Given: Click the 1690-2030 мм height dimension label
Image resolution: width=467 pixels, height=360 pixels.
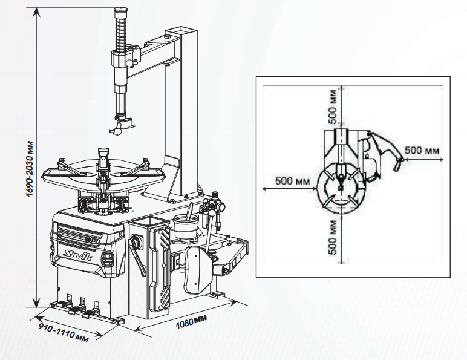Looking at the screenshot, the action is [30, 168].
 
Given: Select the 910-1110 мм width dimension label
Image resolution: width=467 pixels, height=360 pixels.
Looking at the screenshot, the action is [64, 332].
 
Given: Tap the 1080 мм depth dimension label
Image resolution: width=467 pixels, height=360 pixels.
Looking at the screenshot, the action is [191, 321].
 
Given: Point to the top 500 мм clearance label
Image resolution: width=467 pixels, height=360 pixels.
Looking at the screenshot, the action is [332, 106].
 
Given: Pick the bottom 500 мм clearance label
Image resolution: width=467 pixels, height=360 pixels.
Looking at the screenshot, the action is [333, 237].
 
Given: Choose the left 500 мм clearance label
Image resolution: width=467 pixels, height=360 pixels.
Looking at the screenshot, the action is [292, 180].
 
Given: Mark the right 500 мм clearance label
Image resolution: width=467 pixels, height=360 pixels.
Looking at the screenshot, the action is [422, 150].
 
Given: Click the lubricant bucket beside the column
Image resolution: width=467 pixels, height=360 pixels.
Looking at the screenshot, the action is [186, 226].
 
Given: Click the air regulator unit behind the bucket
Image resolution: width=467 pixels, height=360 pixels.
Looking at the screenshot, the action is [213, 209].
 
